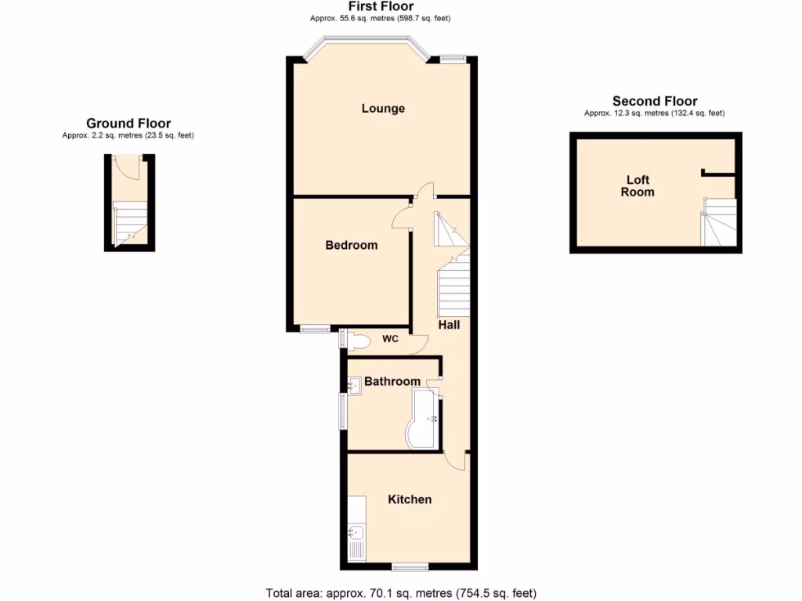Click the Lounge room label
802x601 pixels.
pyautogui.click(x=383, y=108)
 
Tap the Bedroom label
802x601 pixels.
pyautogui.click(x=352, y=245)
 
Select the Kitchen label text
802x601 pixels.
pyautogui.click(x=410, y=499)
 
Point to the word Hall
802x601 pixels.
pyautogui.click(x=449, y=324)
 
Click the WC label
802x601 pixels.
pyautogui.click(x=391, y=339)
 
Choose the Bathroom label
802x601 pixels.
pyautogui.click(x=392, y=381)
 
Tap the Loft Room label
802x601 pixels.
pyautogui.click(x=638, y=186)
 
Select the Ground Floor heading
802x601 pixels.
pyautogui.click(x=128, y=123)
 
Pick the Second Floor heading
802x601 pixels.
pyautogui.click(x=655, y=101)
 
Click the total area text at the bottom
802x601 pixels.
pyautogui.click(x=401, y=592)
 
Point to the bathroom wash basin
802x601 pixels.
pyautogui.click(x=353, y=384)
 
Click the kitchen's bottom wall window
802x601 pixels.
pyautogui.click(x=410, y=566)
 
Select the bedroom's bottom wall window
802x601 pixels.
pyautogui.click(x=316, y=329)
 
